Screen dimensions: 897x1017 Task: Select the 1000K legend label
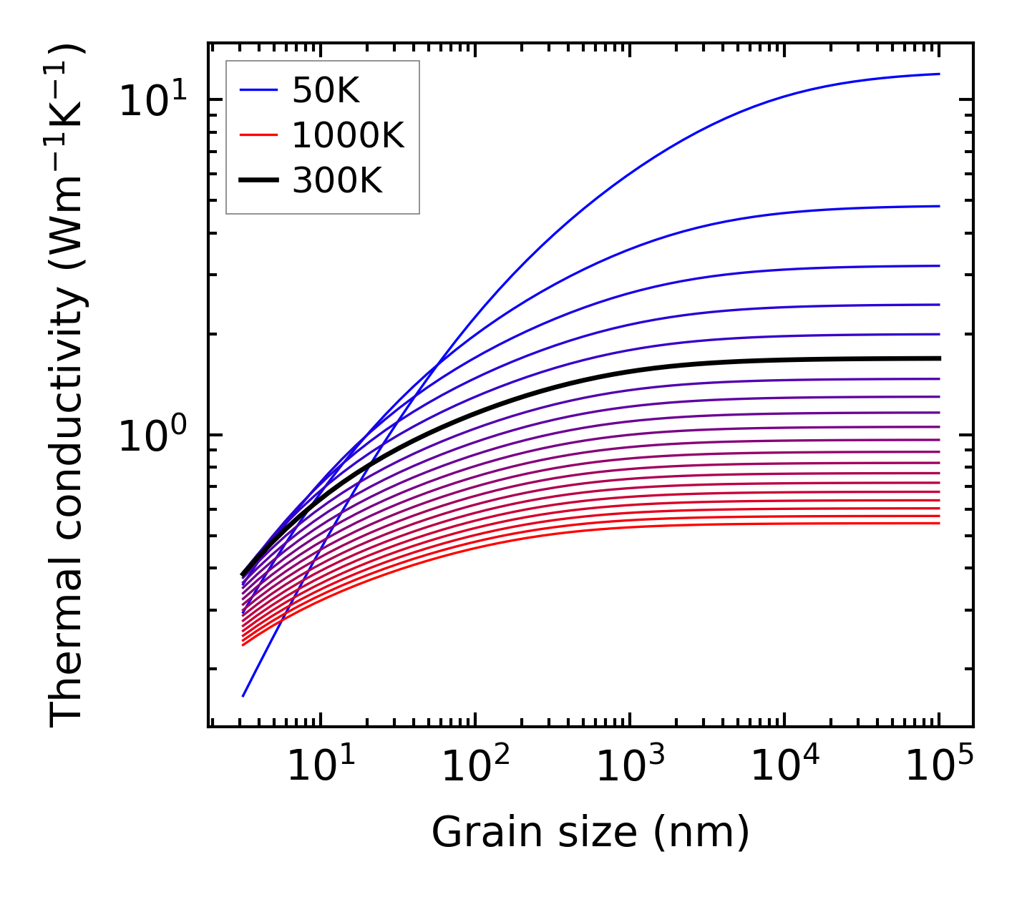[348, 135]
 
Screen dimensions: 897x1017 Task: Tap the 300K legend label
[337, 181]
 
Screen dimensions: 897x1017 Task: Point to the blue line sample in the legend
[258, 90]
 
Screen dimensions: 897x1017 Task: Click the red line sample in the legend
[258, 135]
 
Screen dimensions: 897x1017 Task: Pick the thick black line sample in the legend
[258, 181]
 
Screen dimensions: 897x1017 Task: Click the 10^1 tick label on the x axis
[320, 767]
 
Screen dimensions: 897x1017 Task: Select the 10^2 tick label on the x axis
[475, 767]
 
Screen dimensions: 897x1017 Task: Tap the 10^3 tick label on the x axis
[630, 767]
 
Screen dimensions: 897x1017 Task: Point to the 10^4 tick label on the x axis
[784, 767]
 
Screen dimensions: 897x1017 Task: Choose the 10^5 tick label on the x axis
[939, 767]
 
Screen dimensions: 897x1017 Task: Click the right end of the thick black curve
[939, 358]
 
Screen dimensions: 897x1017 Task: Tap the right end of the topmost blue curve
[939, 74]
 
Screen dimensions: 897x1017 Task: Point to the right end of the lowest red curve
[939, 523]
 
